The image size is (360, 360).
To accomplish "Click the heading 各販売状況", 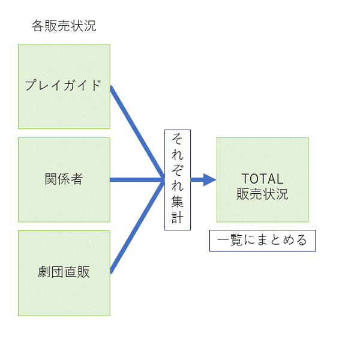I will (64, 26).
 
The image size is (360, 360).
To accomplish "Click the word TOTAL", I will (262, 179).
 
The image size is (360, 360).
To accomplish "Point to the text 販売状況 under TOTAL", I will (262, 193).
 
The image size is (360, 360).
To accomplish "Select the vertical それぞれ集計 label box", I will (178, 180).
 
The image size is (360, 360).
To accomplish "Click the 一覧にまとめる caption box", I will (262, 241).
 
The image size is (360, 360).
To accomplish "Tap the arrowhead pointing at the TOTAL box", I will (209, 179).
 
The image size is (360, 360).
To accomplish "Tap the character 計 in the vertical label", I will (178, 218).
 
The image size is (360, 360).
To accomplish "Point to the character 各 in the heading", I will (37, 26).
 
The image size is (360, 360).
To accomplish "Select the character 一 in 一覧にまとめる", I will (223, 241).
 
